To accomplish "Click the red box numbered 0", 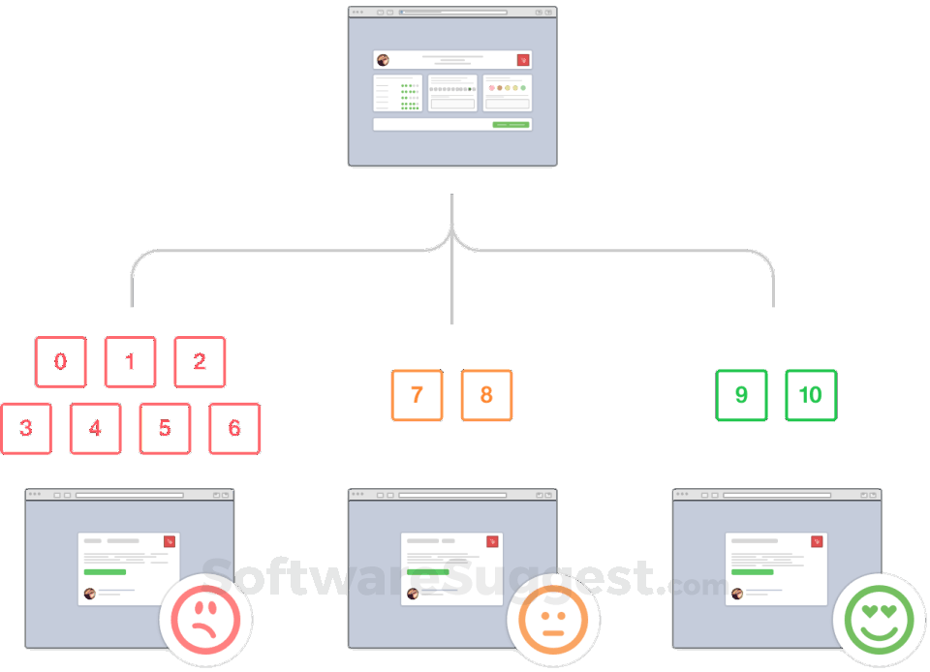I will (61, 362).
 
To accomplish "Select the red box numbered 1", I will (130, 362).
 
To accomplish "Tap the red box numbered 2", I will (200, 362).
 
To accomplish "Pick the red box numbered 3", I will (26, 428).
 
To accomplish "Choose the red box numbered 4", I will (96, 428).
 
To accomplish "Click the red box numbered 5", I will (165, 428).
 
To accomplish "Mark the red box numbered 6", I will (234, 428).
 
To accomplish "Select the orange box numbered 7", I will (417, 395).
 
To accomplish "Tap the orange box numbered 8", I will (486, 395).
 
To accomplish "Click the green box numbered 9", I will (742, 395).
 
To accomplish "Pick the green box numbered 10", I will (811, 395).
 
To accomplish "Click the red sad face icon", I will (205, 619).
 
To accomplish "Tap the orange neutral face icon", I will (553, 619).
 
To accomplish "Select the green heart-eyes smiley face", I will (879, 619).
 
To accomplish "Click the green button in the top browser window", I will (510, 124).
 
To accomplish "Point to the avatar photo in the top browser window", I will (383, 60).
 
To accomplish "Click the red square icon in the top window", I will (523, 60).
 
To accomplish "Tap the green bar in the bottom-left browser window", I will (105, 572).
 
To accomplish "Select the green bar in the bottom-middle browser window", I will (427, 572).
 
